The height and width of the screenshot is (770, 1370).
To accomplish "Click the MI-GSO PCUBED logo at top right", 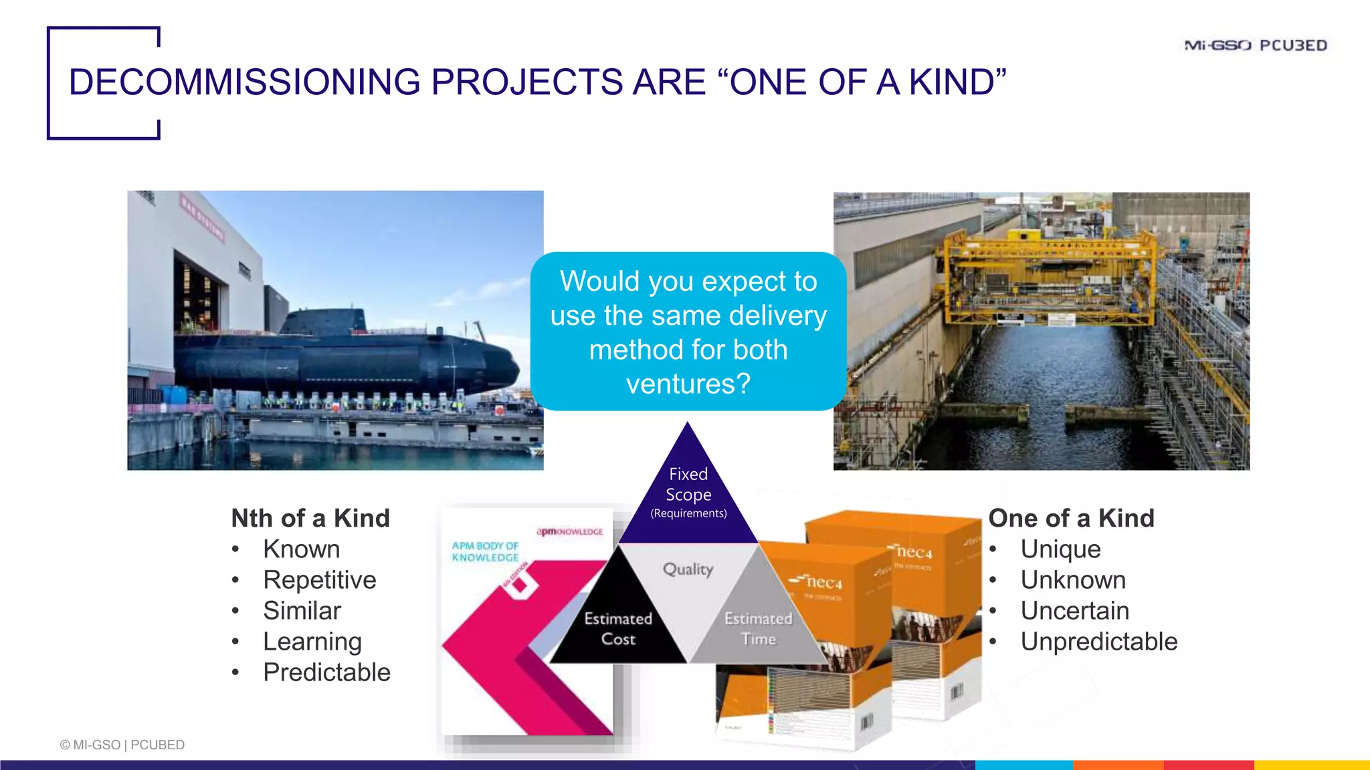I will [1256, 45].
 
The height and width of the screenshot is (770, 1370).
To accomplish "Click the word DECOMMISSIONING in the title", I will [245, 82].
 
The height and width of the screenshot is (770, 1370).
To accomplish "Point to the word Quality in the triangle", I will [688, 569].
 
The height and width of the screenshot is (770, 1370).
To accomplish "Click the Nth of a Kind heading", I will [310, 518].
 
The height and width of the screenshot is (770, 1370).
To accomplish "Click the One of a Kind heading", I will [1071, 518].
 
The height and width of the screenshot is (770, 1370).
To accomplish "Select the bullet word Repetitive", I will [319, 580].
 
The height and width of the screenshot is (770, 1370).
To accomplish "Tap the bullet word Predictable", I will [326, 672].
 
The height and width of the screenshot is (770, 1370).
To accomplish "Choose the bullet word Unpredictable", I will [1098, 641].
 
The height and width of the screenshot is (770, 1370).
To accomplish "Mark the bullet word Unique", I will [1060, 549].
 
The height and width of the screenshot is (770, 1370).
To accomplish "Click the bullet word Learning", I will [312, 641].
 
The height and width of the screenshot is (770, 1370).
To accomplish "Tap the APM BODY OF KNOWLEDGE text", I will [485, 551].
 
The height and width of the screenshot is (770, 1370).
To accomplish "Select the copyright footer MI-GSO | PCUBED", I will [122, 745].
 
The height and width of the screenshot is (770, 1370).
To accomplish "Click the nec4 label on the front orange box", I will [823, 583].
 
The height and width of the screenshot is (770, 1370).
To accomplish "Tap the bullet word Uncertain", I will [1074, 610].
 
